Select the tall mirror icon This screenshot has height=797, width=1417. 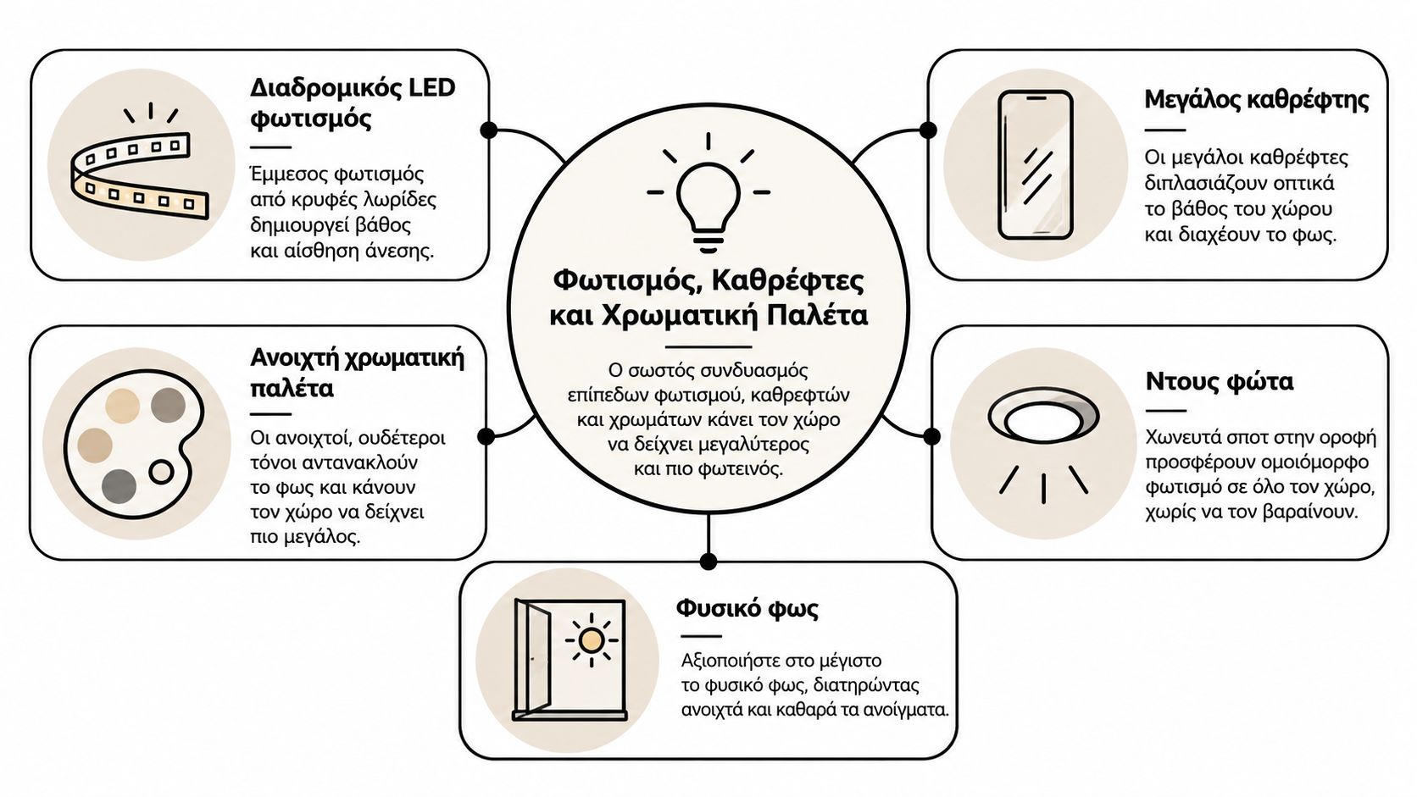point(1036,165)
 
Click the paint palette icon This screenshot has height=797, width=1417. point(134,445)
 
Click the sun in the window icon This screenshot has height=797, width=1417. point(592,640)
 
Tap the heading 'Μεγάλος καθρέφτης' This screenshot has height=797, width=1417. point(1257,100)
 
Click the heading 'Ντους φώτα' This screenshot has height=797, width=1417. point(1220,381)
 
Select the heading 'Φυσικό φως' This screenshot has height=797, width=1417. point(747,608)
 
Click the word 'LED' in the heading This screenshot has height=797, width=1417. point(431,87)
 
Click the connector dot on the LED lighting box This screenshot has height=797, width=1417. point(488,130)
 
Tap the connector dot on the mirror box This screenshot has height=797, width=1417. point(928,130)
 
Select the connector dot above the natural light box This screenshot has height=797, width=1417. point(708,562)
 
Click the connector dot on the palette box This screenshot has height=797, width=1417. point(486,436)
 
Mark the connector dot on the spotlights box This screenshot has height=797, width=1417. point(931,436)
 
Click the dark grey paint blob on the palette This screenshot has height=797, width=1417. point(119,486)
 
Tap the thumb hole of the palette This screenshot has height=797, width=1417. point(161,472)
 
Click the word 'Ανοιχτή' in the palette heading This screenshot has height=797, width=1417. point(296,358)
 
